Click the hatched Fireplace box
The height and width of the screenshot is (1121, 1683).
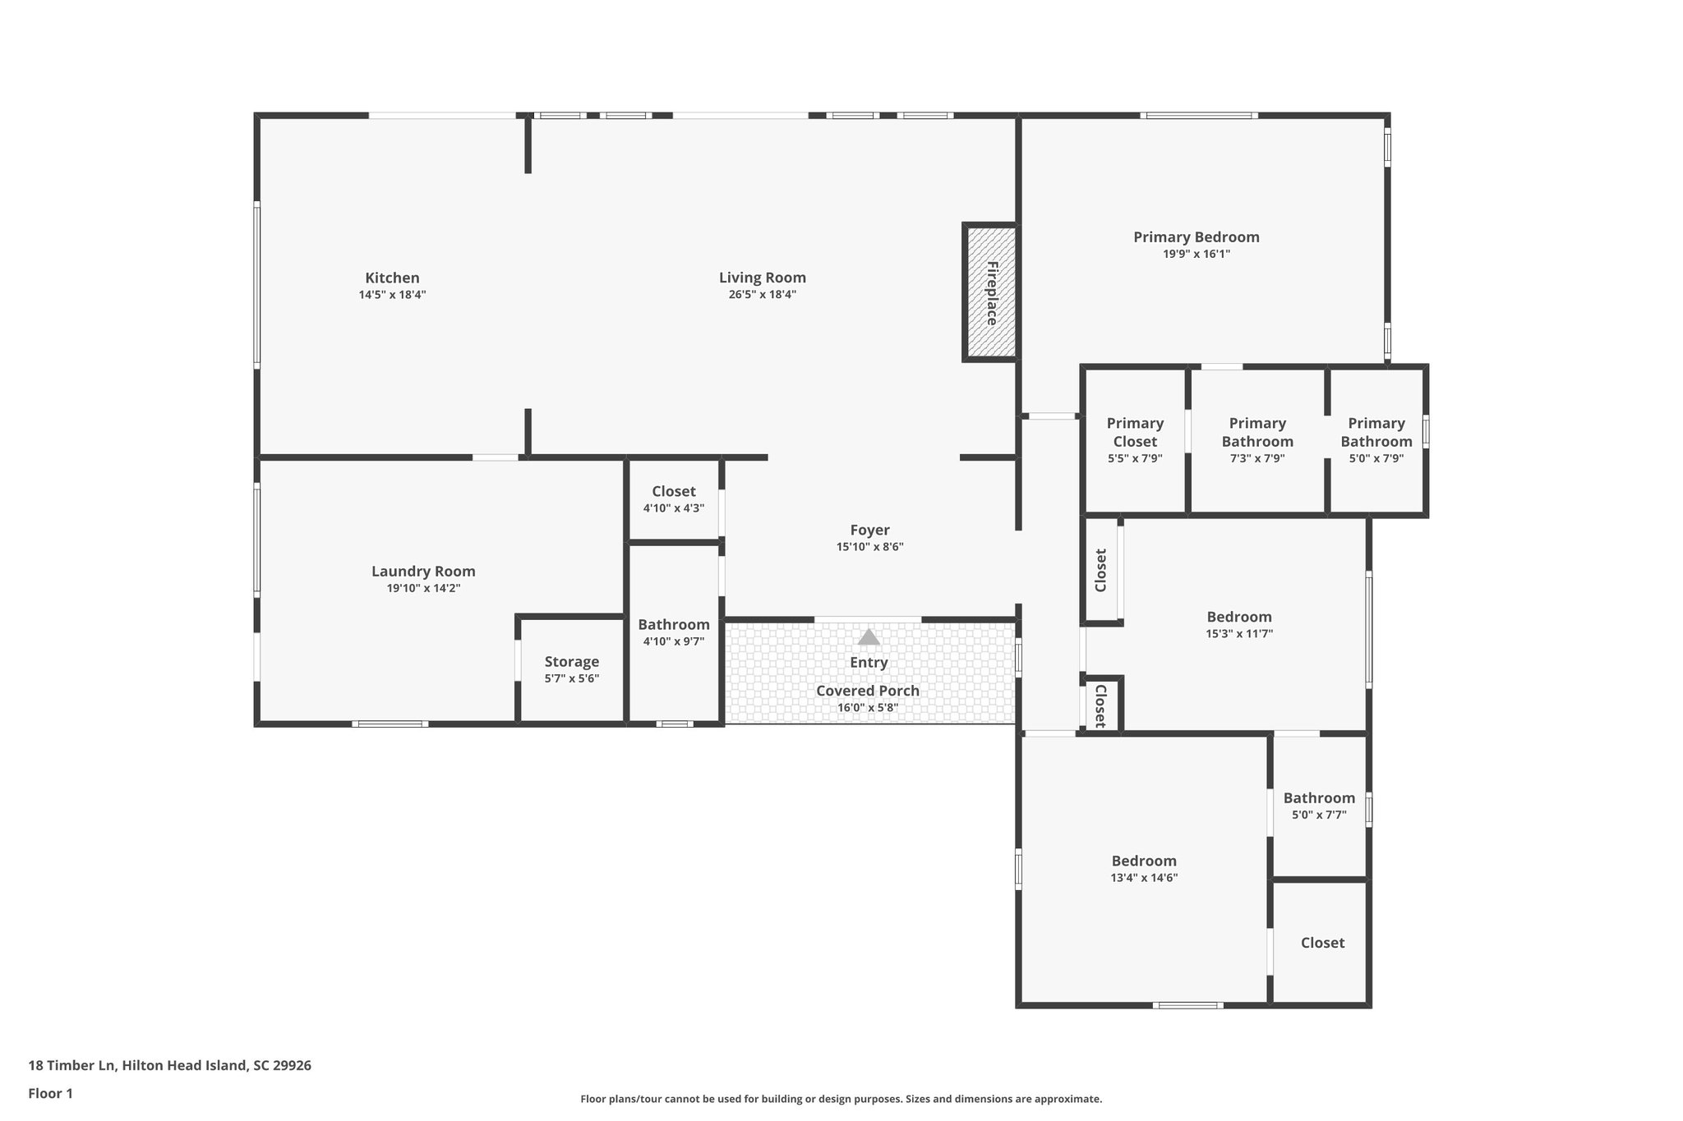tap(991, 292)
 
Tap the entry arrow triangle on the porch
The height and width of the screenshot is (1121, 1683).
tap(869, 637)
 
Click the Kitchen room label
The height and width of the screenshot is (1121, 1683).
tap(392, 278)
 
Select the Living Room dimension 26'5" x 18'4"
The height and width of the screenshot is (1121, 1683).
tap(762, 295)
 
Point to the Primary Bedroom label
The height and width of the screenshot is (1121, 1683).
tap(1196, 237)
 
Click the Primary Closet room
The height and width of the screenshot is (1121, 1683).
tap(1135, 440)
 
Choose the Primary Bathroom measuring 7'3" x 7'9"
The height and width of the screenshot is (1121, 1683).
tap(1257, 440)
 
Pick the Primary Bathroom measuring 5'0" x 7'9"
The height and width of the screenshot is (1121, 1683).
tap(1376, 440)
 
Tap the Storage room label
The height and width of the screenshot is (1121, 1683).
tap(571, 662)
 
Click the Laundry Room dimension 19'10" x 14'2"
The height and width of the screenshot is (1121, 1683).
tap(423, 589)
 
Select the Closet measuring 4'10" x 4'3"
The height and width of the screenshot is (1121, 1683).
tap(673, 499)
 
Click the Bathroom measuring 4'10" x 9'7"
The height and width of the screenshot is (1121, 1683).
tap(673, 632)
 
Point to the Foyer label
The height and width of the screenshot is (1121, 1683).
tap(869, 531)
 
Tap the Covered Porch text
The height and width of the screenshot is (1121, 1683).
tap(868, 691)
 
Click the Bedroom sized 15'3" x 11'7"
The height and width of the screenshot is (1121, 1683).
tap(1239, 624)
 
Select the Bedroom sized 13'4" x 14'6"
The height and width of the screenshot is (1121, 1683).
tap(1144, 868)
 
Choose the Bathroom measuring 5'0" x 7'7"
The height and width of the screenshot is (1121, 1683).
tap(1319, 806)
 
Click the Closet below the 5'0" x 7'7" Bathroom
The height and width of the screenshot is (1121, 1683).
tap(1322, 943)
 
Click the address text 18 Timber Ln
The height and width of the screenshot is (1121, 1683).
tap(169, 1066)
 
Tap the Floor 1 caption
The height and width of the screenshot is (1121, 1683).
tap(50, 1094)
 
